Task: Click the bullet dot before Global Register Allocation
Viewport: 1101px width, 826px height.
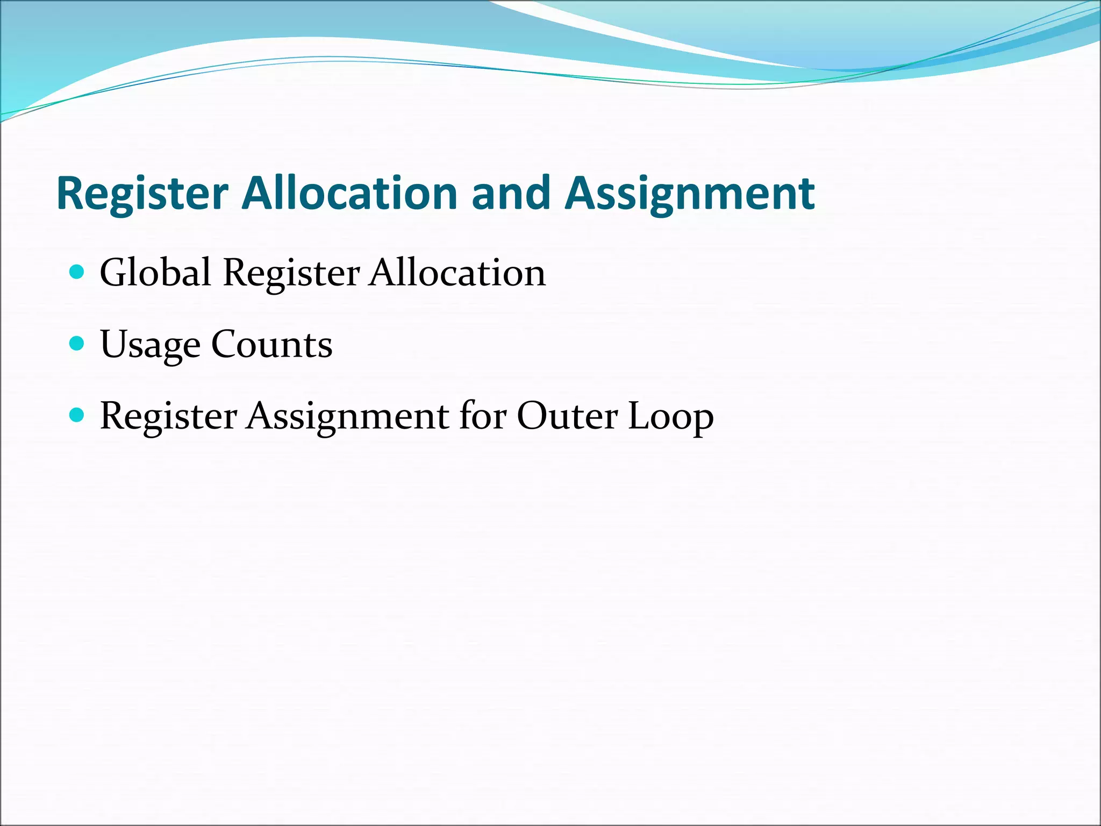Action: pos(77,272)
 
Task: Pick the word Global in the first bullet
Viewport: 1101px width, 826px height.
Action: pos(155,273)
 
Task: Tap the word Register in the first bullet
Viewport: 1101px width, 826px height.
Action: pos(291,273)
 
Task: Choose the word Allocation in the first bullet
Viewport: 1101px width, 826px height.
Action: pos(457,273)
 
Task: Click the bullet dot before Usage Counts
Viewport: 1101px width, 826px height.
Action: pos(77,343)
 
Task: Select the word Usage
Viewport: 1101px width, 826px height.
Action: pos(150,345)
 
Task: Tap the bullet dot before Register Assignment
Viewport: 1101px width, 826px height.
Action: pos(77,415)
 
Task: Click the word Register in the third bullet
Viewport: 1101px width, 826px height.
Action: pos(168,416)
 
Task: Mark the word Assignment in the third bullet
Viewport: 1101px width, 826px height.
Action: pos(347,416)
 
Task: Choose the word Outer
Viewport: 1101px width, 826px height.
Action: pos(567,416)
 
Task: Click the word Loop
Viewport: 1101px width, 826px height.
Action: pos(670,417)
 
